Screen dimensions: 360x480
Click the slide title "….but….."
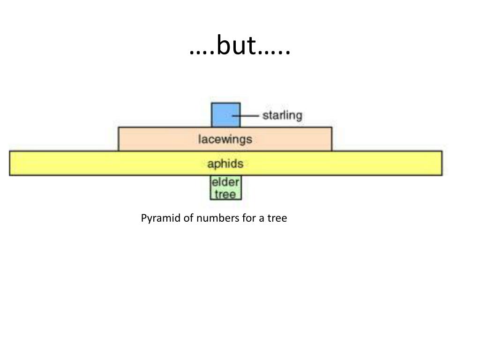(x=240, y=46)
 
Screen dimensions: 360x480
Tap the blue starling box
(x=225, y=115)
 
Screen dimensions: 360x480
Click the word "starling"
(x=282, y=115)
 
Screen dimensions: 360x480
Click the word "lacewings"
(x=225, y=139)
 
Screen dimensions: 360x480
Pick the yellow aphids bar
(x=94, y=163)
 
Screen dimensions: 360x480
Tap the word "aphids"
(x=225, y=164)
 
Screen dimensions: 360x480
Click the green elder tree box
(x=225, y=187)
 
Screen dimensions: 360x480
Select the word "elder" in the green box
(x=225, y=182)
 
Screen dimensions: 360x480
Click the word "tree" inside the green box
(x=225, y=194)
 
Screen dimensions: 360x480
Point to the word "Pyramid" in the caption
(x=161, y=218)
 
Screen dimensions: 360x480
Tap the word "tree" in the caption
(x=277, y=218)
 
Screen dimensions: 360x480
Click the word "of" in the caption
(x=188, y=218)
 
